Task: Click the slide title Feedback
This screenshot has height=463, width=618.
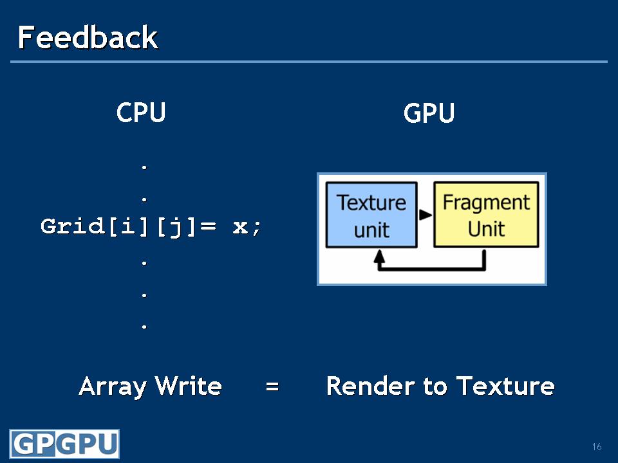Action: [x=88, y=38]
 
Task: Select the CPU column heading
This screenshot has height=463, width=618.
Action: [x=141, y=113]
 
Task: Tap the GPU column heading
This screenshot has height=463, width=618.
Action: [x=429, y=114]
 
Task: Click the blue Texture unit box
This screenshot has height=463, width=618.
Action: [x=371, y=215]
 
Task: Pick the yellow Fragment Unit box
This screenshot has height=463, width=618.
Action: [x=486, y=215]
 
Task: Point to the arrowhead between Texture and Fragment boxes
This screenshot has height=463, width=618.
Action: [x=426, y=215]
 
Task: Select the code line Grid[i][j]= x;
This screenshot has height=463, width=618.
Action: [x=152, y=227]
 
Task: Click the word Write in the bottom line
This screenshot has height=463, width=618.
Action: [x=189, y=386]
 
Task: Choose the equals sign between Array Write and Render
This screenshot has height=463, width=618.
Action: [x=272, y=387]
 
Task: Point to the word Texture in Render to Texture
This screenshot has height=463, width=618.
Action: [x=505, y=386]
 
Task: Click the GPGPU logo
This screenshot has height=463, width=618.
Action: [x=64, y=444]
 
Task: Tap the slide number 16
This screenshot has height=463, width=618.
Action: [x=597, y=447]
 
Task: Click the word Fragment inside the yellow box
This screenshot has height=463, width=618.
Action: [x=486, y=203]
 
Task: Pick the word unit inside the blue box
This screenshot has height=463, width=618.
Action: [x=371, y=230]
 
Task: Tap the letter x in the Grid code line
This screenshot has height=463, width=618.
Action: [x=240, y=227]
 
